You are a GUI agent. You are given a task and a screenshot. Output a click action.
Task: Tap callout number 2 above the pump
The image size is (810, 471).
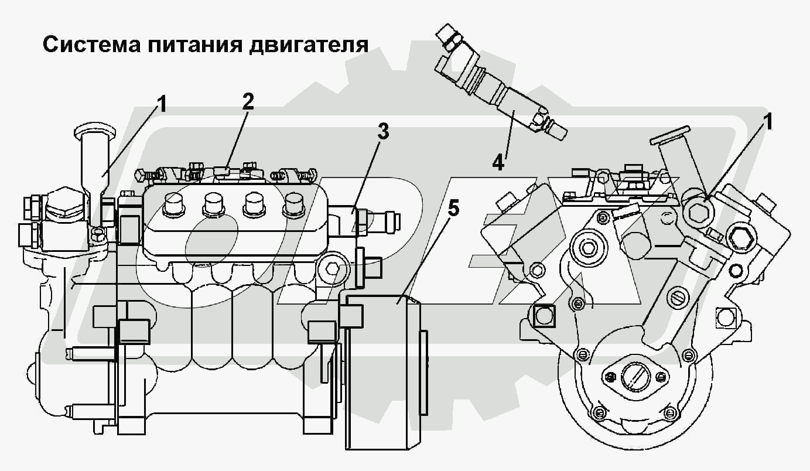tap(248, 101)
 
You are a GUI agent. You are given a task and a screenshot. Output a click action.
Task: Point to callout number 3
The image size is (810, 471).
tap(382, 132)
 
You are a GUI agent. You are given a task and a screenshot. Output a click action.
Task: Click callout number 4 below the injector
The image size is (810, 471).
tap(498, 163)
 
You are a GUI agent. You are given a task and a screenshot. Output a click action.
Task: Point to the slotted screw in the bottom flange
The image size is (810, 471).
tap(635, 377)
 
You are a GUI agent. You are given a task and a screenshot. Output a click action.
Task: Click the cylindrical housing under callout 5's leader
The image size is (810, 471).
tap(383, 375)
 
